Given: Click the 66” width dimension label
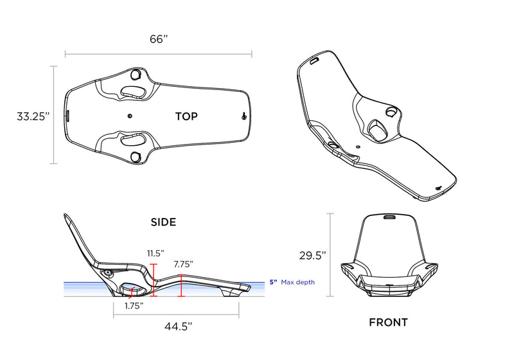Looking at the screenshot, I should pos(159,39).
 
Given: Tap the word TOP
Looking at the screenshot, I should pos(186,116).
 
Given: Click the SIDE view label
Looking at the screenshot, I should pos(163,222).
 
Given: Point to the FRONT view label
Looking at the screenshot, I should pos(388,322).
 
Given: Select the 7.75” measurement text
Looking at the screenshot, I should pos(183,264).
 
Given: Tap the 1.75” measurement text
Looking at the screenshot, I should pos(134,306).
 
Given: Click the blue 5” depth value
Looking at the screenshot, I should pos(273,282).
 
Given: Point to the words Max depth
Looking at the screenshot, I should pos(297,282).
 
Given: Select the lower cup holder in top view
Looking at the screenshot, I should pos(135,156).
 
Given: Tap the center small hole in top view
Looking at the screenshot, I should pos(130,116).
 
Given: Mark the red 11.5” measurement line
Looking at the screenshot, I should pos(153,280).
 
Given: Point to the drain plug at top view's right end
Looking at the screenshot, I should pos(244,116).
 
